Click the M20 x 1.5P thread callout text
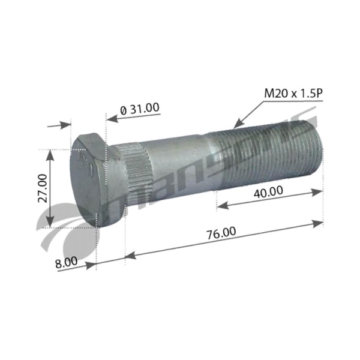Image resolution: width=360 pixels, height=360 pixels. coord(293,94)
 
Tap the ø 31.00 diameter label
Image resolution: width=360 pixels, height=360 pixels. coord(140,109)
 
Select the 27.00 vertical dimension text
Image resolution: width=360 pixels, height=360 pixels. coord(43,188)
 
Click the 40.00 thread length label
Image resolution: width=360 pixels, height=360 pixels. coord(268,192)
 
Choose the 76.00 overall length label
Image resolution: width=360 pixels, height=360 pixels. coord(221,233)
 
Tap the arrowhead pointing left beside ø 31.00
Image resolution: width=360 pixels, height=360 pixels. coord(112,119)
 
